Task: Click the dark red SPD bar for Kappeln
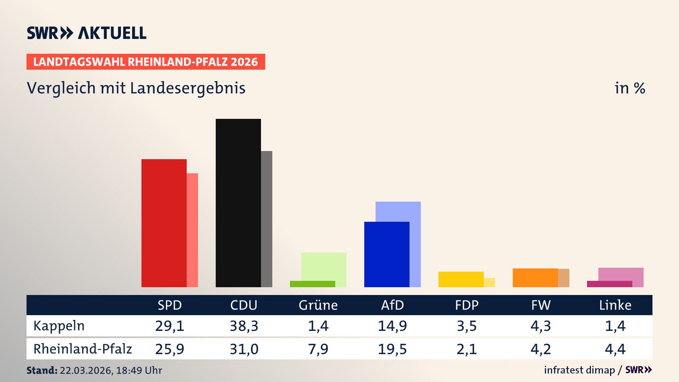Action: pyautogui.click(x=164, y=223)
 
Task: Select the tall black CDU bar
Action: pyautogui.click(x=238, y=203)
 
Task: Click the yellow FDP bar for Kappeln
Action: pyautogui.click(x=461, y=279)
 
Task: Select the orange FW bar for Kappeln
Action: pyautogui.click(x=535, y=278)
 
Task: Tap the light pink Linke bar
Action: pyautogui.click(x=621, y=274)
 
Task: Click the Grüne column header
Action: pyautogui.click(x=318, y=305)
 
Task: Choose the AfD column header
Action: pyautogui.click(x=392, y=305)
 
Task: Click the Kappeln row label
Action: pyautogui.click(x=59, y=326)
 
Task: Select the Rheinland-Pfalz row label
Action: pyautogui.click(x=82, y=349)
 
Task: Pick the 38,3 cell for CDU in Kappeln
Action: pyautogui.click(x=244, y=326)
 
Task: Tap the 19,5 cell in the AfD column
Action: pyautogui.click(x=392, y=349)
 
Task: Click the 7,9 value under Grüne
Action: pyautogui.click(x=318, y=349)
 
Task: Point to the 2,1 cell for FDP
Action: pyautogui.click(x=466, y=349)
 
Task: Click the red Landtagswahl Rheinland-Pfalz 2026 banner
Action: pyautogui.click(x=146, y=62)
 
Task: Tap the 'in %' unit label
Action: pyautogui.click(x=629, y=88)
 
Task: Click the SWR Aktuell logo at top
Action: pyautogui.click(x=87, y=33)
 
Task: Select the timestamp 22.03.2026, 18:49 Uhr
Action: pyautogui.click(x=110, y=370)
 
